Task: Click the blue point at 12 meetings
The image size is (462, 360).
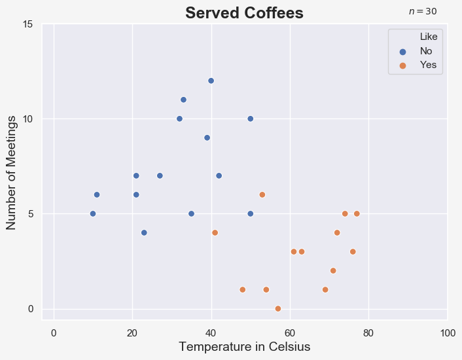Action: click(x=211, y=81)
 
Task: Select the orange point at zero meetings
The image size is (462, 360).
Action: click(x=278, y=309)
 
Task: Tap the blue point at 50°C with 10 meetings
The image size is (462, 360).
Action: click(x=251, y=118)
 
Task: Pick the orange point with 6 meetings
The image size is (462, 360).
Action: click(x=262, y=195)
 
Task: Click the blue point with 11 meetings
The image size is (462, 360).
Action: click(x=183, y=100)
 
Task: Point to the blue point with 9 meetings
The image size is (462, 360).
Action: click(x=207, y=138)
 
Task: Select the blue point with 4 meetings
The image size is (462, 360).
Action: click(x=144, y=233)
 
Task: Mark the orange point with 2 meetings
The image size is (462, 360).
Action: click(x=333, y=271)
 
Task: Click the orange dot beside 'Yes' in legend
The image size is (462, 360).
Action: click(x=402, y=65)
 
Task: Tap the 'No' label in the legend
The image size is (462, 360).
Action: click(x=426, y=51)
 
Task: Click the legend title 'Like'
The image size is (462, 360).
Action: click(x=429, y=37)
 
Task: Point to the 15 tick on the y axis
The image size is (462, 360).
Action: click(x=27, y=24)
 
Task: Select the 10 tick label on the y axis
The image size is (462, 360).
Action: click(x=27, y=119)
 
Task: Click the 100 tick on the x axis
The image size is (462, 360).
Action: click(x=448, y=333)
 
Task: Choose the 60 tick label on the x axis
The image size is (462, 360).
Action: click(x=290, y=333)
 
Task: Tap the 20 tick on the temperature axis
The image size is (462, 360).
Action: click(x=132, y=333)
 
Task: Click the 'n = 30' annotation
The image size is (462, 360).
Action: click(x=423, y=12)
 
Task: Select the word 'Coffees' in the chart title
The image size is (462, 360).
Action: click(x=274, y=13)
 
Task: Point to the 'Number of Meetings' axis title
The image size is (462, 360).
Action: click(x=11, y=173)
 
